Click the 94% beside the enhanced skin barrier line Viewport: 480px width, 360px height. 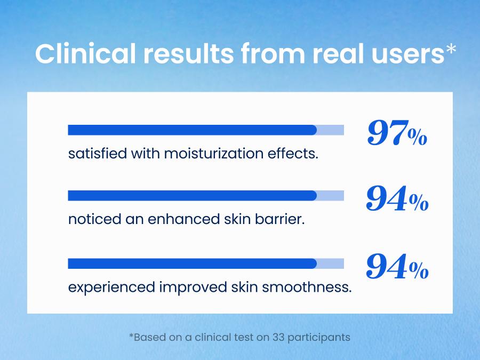click(397, 200)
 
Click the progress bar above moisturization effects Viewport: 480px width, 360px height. click(205, 130)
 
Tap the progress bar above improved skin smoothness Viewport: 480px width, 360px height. click(205, 263)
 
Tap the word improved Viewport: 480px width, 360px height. click(194, 287)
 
